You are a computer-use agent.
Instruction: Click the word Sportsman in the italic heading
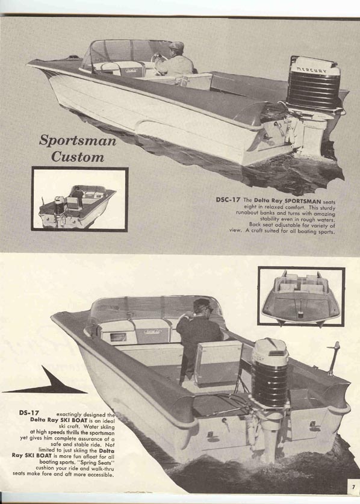pos(78,140)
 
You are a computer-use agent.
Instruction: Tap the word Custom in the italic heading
pos(78,157)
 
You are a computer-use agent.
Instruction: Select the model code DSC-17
pos(228,199)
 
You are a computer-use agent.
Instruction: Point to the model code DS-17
pos(29,412)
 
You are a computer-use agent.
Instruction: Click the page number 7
pos(353,487)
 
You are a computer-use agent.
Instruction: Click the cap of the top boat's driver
pos(176,45)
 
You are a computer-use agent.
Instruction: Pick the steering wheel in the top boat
pos(158,58)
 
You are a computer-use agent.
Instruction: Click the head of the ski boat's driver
pos(202,307)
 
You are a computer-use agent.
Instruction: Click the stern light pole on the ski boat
pos(333,358)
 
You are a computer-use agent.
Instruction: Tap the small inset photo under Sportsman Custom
pos(79,199)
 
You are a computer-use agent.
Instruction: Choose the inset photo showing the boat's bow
pos(301,296)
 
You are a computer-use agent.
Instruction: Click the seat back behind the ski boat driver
pos(218,362)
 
